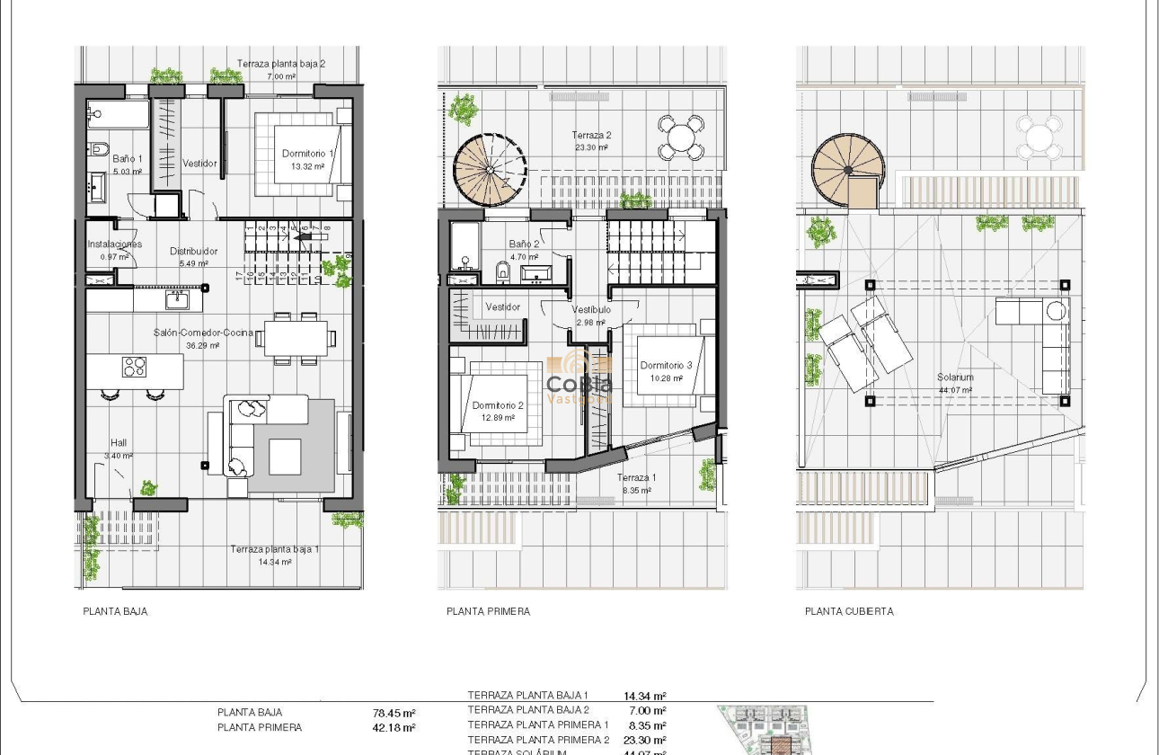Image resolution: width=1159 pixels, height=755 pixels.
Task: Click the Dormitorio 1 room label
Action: pyautogui.click(x=307, y=154)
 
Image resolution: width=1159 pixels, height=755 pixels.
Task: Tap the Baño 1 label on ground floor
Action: pyautogui.click(x=128, y=159)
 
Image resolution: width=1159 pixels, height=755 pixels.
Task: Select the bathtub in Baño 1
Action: pyautogui.click(x=118, y=115)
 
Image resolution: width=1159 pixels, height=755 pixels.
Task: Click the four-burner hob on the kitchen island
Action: pyautogui.click(x=134, y=367)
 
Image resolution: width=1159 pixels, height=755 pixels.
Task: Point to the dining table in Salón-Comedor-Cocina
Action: pyautogui.click(x=296, y=338)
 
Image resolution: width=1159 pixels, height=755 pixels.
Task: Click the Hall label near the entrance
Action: pyautogui.click(x=119, y=442)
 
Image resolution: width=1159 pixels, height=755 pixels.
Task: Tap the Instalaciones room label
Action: pyautogui.click(x=114, y=244)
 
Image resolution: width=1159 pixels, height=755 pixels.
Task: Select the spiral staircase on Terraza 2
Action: pyautogui.click(x=490, y=171)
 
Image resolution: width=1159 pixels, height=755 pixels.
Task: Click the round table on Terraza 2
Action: pyautogui.click(x=681, y=138)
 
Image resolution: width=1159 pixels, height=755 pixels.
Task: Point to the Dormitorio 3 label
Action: pyautogui.click(x=666, y=366)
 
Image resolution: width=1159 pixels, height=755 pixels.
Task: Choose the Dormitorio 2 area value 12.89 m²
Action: pyautogui.click(x=497, y=418)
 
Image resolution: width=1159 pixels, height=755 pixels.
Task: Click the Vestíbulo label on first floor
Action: pyautogui.click(x=591, y=310)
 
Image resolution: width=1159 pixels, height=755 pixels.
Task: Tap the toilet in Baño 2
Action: pyautogui.click(x=503, y=270)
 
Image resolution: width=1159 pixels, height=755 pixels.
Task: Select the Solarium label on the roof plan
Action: pyautogui.click(x=954, y=377)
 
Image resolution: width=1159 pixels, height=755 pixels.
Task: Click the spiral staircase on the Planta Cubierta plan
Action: pyautogui.click(x=848, y=171)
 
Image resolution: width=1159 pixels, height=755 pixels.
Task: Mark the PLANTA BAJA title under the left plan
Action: pyautogui.click(x=115, y=611)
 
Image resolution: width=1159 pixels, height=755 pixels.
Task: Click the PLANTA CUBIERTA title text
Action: pyautogui.click(x=849, y=611)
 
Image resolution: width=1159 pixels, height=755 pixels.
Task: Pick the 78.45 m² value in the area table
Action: pyautogui.click(x=394, y=714)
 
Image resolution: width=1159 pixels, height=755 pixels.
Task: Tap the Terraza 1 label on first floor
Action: pyautogui.click(x=636, y=478)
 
